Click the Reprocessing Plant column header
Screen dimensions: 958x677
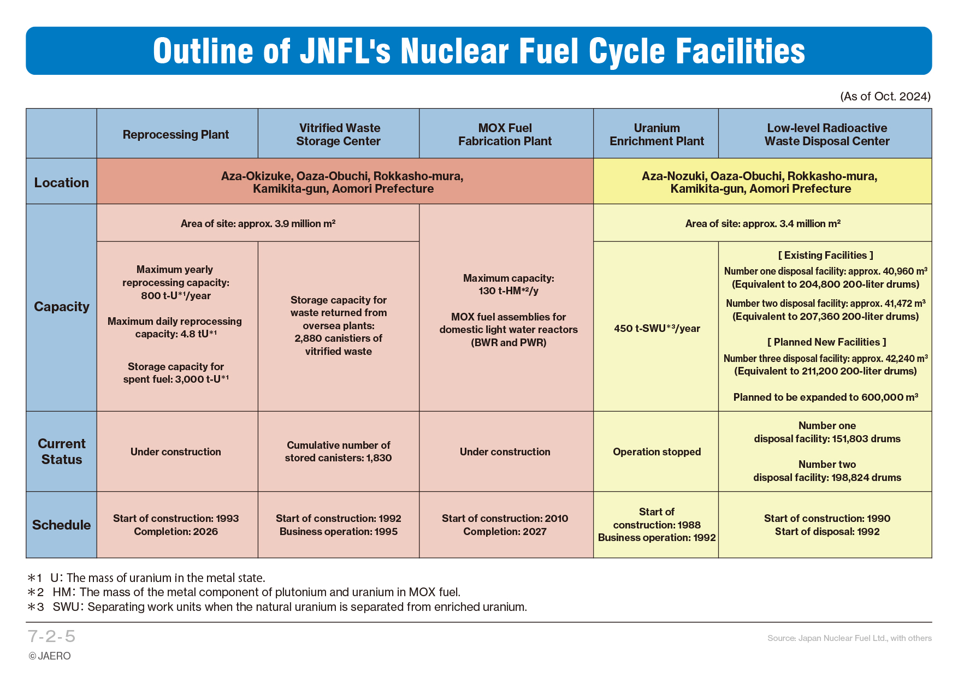pos(176,134)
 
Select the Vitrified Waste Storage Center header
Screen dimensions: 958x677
pos(339,134)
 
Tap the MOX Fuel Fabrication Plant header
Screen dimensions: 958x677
pos(505,134)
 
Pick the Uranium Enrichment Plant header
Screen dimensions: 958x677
pos(657,134)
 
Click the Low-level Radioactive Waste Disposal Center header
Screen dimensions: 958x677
pos(827,134)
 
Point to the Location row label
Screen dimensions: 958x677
pos(62,182)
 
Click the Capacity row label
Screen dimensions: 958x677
pos(62,307)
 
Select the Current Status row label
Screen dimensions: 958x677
pos(62,452)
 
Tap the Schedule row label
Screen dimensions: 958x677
pos(62,525)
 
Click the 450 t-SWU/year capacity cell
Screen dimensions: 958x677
pos(657,328)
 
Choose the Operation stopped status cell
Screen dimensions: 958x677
pos(657,452)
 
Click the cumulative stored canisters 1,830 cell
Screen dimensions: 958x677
pos(339,452)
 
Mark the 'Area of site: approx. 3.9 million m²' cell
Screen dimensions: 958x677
pos(258,223)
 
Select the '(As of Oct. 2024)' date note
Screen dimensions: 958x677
pos(885,97)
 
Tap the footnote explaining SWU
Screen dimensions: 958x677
pos(277,607)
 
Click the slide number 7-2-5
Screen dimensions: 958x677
pos(51,637)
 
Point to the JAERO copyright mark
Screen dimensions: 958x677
pos(50,656)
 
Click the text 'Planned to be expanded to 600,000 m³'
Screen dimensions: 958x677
pos(825,397)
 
